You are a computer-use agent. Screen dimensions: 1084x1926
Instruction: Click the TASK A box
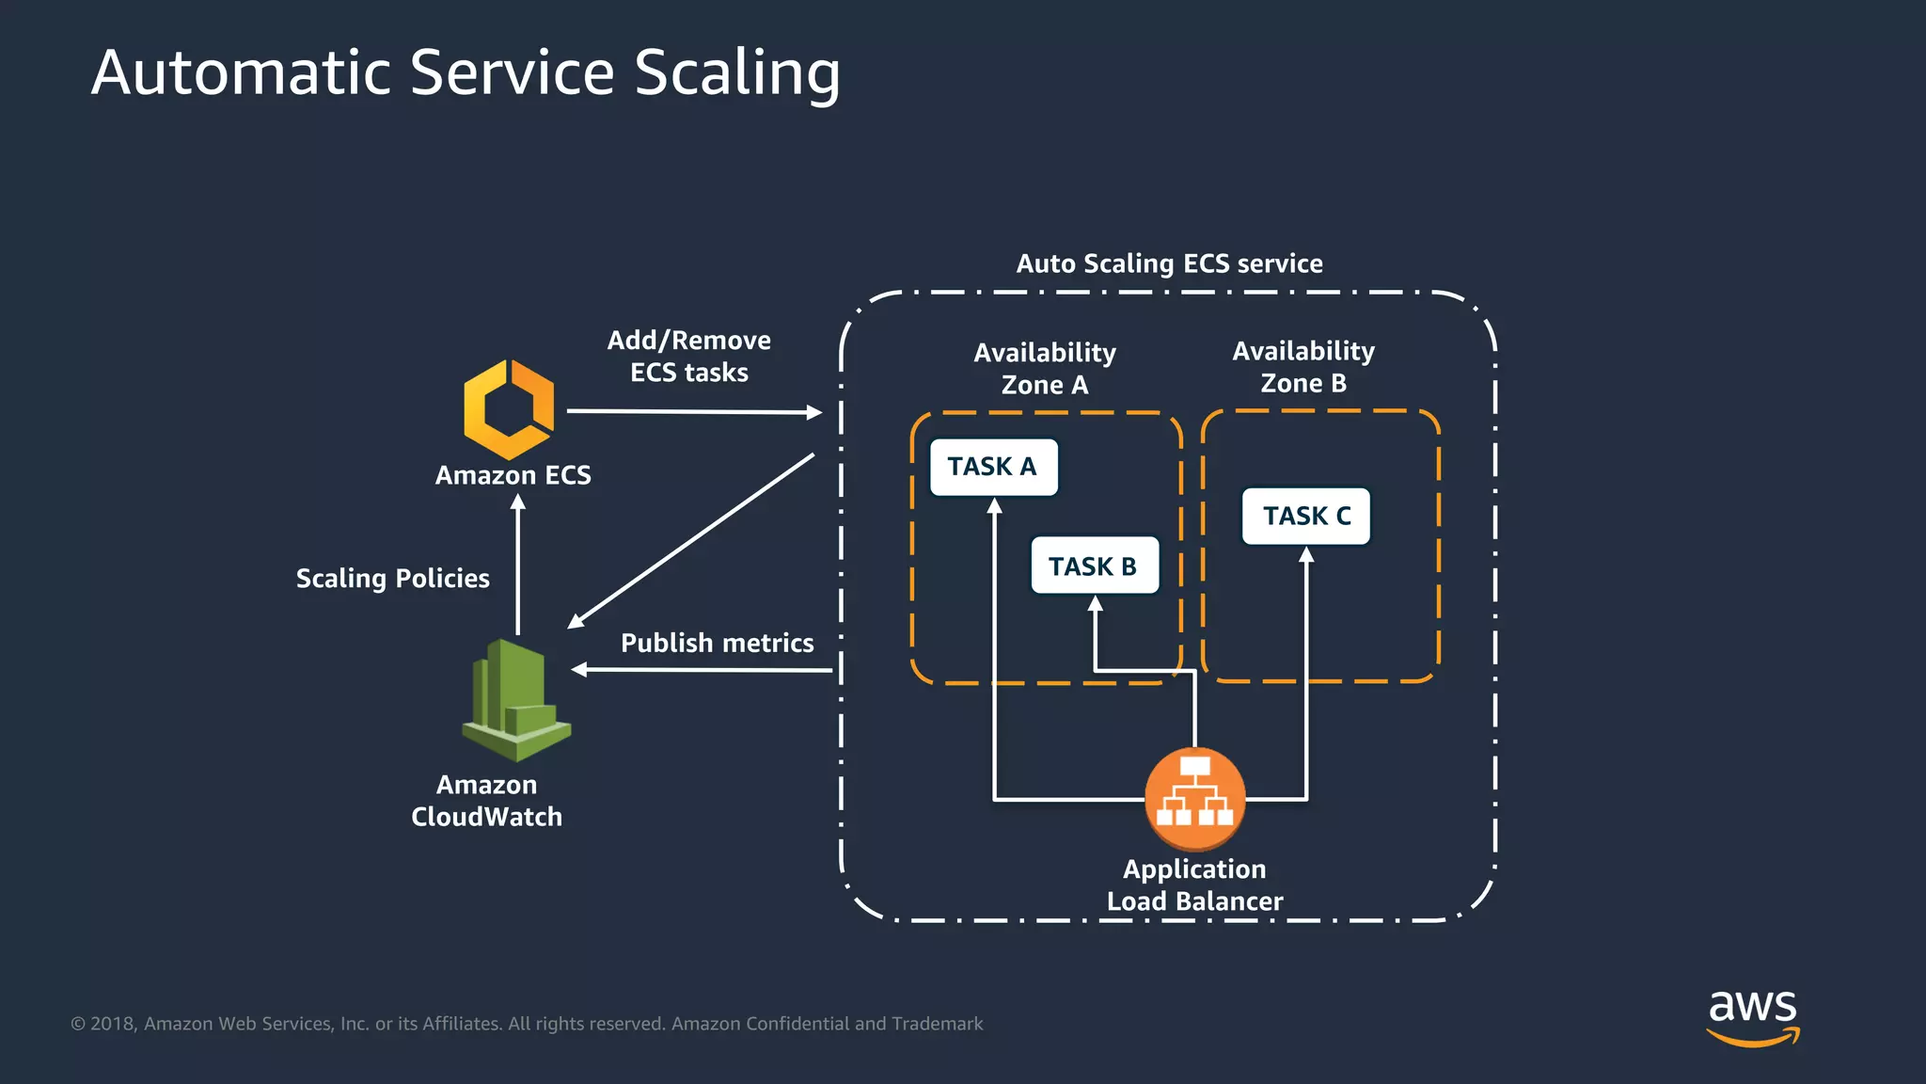click(x=993, y=467)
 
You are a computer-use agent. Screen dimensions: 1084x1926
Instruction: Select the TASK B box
click(x=1094, y=566)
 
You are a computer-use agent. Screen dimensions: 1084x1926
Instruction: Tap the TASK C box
click(x=1306, y=516)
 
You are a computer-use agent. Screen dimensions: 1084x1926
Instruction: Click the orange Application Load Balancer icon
click(x=1194, y=797)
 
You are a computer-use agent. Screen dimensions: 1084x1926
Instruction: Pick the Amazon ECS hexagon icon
click(x=509, y=409)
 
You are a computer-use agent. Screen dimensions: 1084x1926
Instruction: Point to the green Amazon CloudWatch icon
click(x=515, y=700)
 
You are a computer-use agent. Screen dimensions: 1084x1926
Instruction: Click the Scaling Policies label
click(x=392, y=578)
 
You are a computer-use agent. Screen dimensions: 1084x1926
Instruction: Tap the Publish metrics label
click(x=717, y=643)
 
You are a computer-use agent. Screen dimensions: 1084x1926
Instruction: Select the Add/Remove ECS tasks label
click(x=688, y=356)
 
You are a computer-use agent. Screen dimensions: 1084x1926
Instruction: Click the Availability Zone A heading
click(x=1044, y=368)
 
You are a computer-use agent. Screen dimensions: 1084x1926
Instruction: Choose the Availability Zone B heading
click(x=1303, y=367)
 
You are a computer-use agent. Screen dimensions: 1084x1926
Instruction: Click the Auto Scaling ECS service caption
click(x=1169, y=263)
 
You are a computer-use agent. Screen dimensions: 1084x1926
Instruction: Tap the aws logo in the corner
click(x=1752, y=1016)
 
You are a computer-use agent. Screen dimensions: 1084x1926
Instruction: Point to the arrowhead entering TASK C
click(x=1306, y=555)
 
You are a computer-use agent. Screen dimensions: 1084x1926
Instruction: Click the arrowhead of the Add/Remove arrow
click(x=813, y=412)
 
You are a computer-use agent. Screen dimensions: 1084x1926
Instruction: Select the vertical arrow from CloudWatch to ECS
click(x=518, y=565)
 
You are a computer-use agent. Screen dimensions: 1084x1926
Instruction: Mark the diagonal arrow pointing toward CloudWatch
click(x=691, y=540)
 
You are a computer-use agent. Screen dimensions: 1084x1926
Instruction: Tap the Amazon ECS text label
click(x=513, y=475)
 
